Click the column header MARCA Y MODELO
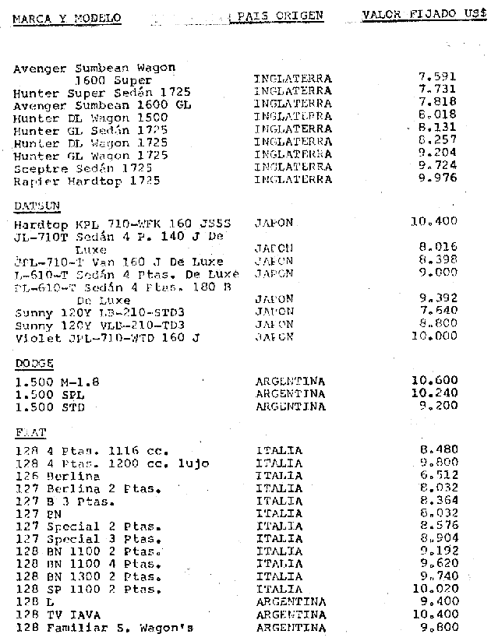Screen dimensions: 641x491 pos(66,16)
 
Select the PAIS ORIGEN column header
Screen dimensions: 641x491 pos(281,15)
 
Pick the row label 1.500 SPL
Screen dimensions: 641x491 pos(51,394)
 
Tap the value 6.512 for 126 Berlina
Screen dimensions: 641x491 pos(438,475)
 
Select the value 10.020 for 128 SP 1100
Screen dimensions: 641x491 pos(433,590)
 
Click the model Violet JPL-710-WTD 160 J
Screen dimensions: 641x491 pos(107,337)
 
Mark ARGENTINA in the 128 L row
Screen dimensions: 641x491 pos(290,602)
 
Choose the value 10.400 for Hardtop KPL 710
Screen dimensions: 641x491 pos(433,222)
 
